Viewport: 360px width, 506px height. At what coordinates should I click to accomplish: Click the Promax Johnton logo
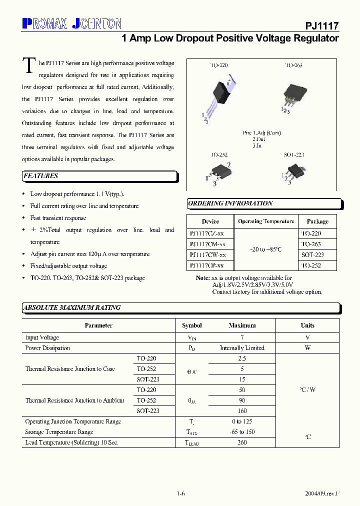pos(72,23)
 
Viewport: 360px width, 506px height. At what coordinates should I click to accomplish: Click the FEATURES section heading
pos(41,176)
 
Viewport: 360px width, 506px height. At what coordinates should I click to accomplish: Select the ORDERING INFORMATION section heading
pos(230,203)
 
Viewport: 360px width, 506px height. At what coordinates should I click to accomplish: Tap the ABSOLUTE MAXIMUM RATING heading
pos(72,308)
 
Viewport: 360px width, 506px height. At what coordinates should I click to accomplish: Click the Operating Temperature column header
pos(266,221)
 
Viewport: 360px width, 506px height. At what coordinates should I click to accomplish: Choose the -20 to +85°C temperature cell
pos(266,249)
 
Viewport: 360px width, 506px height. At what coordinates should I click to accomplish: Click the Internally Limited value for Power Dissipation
pos(242,348)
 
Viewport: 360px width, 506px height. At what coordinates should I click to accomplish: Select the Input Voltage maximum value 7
pos(242,337)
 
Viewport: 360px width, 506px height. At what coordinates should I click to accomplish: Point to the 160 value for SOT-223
pos(242,411)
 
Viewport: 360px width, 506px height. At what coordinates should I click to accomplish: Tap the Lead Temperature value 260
pos(242,442)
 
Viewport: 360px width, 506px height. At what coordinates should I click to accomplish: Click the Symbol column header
pos(192,325)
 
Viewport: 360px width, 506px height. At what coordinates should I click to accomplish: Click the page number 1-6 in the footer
pos(180,493)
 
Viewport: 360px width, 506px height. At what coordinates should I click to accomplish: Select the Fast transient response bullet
pos(58,218)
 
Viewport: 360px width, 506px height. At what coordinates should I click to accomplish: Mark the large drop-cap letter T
pos(30,66)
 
